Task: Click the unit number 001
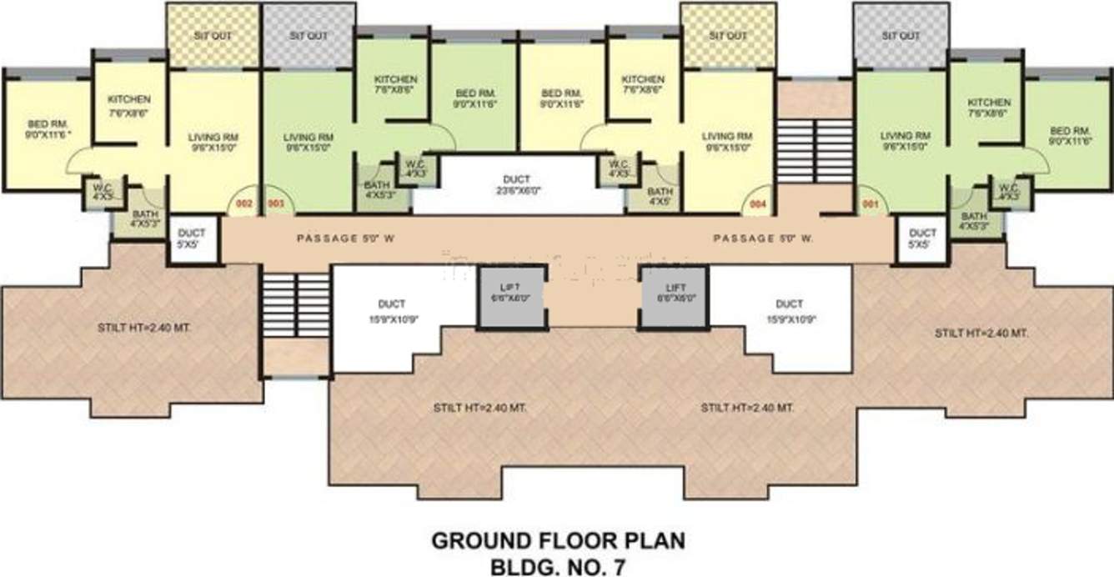point(870,203)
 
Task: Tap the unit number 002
point(243,203)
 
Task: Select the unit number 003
point(275,203)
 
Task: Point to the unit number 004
point(757,203)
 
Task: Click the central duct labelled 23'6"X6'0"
point(517,183)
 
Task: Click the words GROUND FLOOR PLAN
point(558,541)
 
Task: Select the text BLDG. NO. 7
point(558,565)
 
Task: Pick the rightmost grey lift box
point(674,297)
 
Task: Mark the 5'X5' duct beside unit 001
point(922,239)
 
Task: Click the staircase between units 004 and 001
point(815,150)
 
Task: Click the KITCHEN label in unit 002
point(129,100)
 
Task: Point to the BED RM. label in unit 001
point(1071,132)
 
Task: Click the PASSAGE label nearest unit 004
point(762,239)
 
